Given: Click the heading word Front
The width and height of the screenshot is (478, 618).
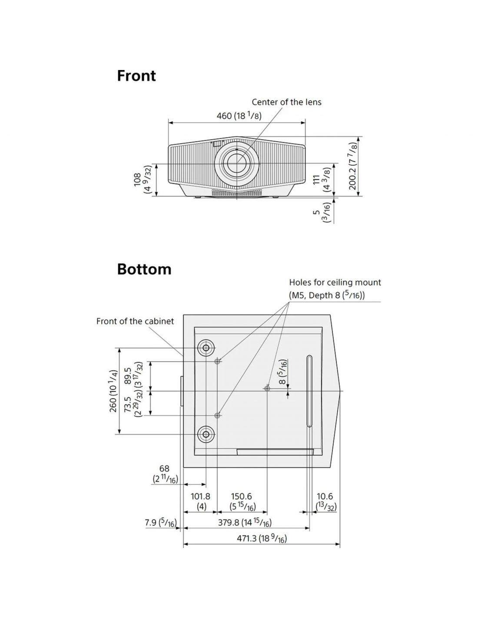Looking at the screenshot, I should tap(136, 76).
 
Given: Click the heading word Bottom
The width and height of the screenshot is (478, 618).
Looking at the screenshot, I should tap(144, 269).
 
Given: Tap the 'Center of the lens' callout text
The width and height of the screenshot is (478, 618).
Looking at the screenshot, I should tap(286, 102).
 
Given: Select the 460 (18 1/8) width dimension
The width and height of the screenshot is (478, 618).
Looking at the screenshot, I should tap(239, 116).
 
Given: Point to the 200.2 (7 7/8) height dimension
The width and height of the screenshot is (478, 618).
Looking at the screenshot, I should tap(353, 167).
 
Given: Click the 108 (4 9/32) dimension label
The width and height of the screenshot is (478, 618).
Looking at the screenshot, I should tap(142, 179).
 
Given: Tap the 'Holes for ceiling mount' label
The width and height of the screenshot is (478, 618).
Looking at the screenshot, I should tap(335, 282).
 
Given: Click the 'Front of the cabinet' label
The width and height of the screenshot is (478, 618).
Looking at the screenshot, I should tap(135, 321).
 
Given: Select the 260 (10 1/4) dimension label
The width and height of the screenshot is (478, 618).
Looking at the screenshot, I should tap(113, 391).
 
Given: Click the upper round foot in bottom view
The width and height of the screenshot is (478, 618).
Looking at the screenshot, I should tap(206, 348).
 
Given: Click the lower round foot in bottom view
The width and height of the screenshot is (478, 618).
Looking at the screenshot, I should tap(206, 434).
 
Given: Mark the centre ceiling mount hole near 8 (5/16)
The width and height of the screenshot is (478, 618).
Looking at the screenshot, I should tap(267, 388).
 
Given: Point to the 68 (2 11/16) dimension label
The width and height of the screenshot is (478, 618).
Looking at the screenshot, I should tap(164, 474).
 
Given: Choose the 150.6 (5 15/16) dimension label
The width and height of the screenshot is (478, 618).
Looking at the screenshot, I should tap(242, 501).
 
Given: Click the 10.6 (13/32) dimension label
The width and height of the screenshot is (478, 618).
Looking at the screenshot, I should tap(326, 501).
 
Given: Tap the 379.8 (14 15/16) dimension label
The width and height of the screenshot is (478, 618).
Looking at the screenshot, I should tap(245, 522).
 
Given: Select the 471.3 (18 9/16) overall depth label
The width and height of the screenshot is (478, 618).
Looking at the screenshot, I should tap(262, 538).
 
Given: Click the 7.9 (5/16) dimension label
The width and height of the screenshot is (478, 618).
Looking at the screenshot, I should tap(160, 522).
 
